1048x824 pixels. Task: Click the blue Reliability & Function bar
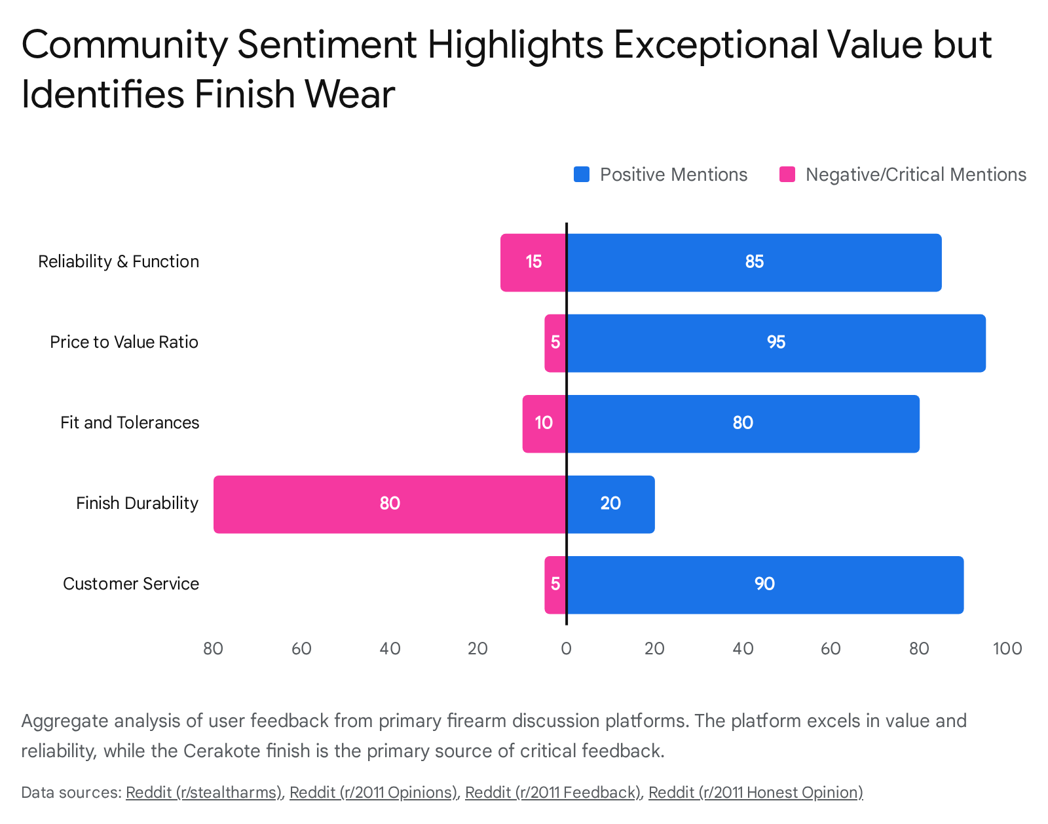(753, 262)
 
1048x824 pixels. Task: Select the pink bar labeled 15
(533, 262)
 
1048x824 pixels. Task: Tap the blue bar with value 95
(776, 343)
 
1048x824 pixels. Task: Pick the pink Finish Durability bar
(390, 504)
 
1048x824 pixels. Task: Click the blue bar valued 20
(610, 504)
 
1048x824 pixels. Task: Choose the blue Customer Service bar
(764, 584)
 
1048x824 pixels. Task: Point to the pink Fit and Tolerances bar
(544, 423)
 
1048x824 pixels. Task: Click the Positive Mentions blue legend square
(582, 175)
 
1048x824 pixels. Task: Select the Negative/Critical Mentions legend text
(916, 175)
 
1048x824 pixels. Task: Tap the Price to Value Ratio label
(124, 343)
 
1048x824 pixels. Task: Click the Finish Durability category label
(137, 504)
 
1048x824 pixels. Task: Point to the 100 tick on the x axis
(1007, 649)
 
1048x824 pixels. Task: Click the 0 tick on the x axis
(567, 649)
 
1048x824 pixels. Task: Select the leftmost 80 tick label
(214, 649)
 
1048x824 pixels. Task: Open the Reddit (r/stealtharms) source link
(203, 793)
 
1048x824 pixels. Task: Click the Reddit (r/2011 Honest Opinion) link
(755, 793)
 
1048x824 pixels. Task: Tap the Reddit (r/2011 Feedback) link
(553, 793)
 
